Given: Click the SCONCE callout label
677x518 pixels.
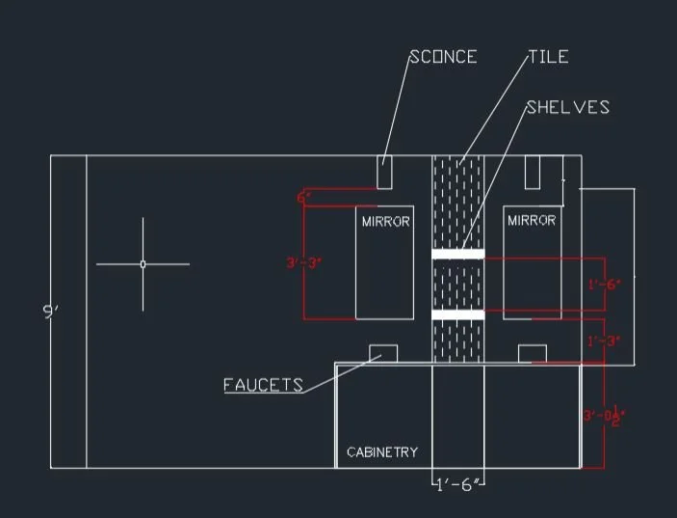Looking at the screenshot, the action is click(x=444, y=57).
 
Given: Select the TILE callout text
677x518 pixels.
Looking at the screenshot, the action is click(x=549, y=57).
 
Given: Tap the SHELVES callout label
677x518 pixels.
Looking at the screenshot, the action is click(x=568, y=107).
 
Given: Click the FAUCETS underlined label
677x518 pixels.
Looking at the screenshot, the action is click(x=263, y=385).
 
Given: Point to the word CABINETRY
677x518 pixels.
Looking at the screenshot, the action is click(x=382, y=452).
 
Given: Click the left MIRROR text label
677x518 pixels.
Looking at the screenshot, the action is click(x=385, y=222).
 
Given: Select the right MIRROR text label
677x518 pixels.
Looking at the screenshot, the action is click(x=532, y=221).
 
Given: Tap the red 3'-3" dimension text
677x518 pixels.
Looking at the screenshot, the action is click(x=304, y=262).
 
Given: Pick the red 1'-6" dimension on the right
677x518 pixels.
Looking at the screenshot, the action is click(x=605, y=285).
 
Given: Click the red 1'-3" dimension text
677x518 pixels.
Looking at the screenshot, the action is click(x=605, y=341).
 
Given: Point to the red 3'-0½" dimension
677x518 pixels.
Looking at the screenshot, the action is click(x=605, y=416).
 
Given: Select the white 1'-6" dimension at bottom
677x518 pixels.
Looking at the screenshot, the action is click(x=457, y=481).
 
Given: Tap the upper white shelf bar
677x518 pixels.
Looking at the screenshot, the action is click(x=457, y=255).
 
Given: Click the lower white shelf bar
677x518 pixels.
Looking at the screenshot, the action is click(x=457, y=315).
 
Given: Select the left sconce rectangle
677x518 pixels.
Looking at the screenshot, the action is click(x=384, y=173).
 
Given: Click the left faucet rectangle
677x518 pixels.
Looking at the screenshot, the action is click(x=384, y=353).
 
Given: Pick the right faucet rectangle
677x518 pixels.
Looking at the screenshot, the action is click(x=533, y=354).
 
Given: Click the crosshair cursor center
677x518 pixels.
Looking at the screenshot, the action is click(x=143, y=263).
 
